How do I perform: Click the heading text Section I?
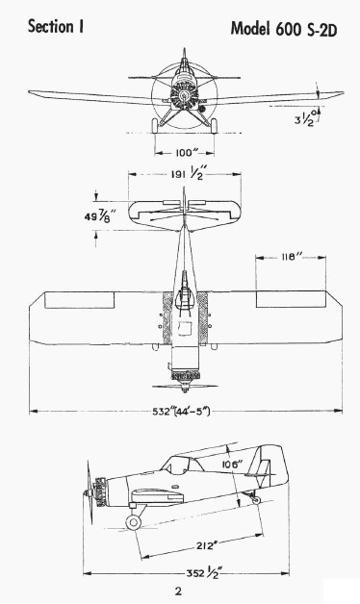click(x=56, y=27)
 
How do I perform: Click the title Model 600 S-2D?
click(x=284, y=29)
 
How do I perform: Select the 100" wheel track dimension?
click(x=184, y=153)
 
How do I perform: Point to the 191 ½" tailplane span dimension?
click(x=188, y=174)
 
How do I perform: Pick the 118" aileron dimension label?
click(x=291, y=257)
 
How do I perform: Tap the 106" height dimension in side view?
click(x=232, y=464)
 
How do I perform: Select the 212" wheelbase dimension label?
click(x=205, y=546)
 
